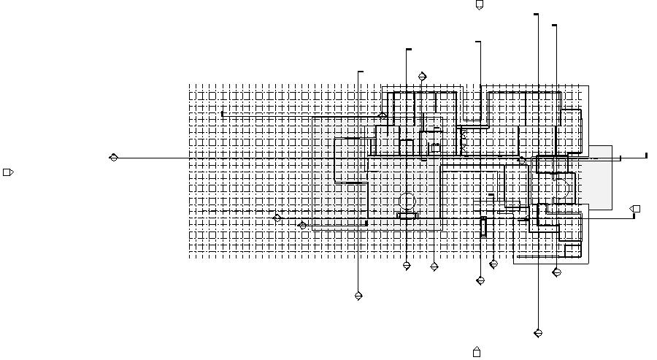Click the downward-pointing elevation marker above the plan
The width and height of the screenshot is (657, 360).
point(480,5)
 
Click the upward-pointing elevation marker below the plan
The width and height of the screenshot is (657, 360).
point(477,352)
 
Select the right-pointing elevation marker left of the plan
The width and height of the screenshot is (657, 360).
point(8,172)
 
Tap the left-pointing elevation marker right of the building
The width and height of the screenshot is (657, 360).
point(635,209)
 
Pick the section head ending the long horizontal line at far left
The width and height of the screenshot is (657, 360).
point(113,157)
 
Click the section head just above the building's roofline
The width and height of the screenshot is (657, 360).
point(422,77)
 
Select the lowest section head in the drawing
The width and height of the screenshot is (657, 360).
point(538,333)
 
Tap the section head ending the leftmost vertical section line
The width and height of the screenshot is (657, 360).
point(358,296)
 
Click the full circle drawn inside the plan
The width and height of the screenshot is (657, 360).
point(407,200)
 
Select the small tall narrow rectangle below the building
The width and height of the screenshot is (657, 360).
point(483,226)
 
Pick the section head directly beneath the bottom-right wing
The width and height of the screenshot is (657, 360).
point(557,272)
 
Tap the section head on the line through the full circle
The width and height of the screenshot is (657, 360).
point(407,266)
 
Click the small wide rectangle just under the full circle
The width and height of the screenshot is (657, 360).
point(407,215)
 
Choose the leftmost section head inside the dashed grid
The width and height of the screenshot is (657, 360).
point(277,218)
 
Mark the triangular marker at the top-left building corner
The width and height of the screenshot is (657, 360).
point(382,115)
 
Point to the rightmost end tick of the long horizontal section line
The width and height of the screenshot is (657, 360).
point(646,155)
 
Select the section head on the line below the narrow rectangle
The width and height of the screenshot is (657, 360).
point(480,280)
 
